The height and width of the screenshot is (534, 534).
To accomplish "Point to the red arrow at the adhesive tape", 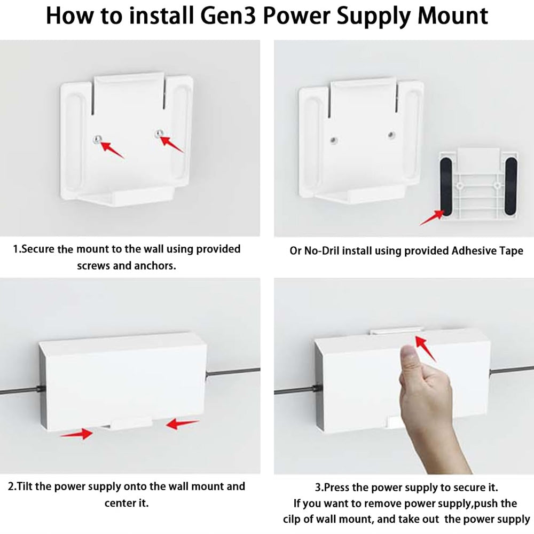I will coord(431,218).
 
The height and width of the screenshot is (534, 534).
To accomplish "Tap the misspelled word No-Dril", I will coord(321,250).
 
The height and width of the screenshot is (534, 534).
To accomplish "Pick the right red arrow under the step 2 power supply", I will coord(182,425).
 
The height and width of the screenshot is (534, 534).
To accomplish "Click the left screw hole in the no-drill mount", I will coord(332,140).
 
